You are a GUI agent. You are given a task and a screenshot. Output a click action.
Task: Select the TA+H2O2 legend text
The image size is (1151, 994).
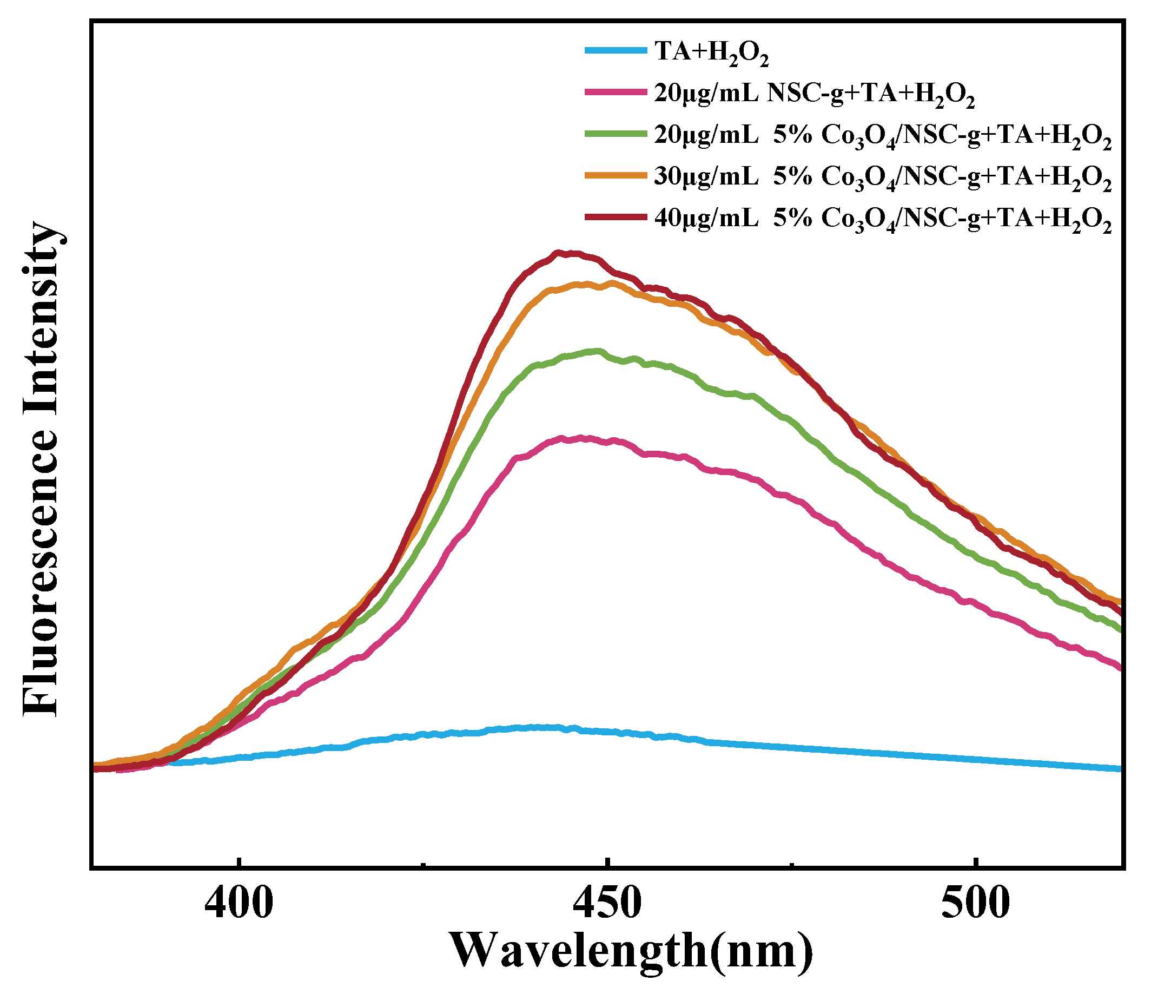(711, 53)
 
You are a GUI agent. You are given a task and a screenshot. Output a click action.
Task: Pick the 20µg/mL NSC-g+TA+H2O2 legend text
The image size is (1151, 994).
(815, 95)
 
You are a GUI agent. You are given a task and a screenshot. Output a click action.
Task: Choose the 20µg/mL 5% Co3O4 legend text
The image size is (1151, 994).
(883, 137)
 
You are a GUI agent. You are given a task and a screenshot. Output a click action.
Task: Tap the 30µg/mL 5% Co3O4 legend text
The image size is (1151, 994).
(883, 178)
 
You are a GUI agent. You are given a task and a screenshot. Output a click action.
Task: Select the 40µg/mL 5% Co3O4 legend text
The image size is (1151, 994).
(883, 220)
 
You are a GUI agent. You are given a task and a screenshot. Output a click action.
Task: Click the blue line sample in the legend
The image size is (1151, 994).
(616, 50)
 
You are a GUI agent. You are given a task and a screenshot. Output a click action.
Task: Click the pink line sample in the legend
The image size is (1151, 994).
(616, 92)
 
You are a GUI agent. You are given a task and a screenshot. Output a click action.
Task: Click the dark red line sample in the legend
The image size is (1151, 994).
(616, 217)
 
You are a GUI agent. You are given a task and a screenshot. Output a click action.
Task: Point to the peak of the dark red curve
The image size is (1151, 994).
(558, 253)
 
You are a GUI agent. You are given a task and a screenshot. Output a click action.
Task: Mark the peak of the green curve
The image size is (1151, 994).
(598, 351)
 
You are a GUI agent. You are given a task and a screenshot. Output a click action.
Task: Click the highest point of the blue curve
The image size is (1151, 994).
(536, 727)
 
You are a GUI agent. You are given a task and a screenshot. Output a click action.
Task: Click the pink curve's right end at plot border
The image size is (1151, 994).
(1121, 668)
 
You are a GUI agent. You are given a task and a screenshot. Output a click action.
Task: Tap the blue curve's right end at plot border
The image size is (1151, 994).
(1121, 769)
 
